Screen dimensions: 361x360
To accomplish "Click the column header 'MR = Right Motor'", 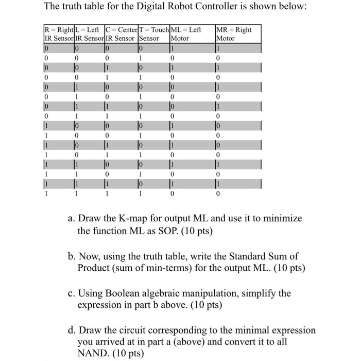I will click(x=234, y=34).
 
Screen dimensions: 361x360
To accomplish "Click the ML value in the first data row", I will click(x=173, y=47).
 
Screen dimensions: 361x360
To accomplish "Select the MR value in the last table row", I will click(x=218, y=194).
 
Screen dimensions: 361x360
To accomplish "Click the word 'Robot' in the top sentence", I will click(x=153, y=7).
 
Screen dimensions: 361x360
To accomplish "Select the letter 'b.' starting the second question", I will click(x=72, y=256).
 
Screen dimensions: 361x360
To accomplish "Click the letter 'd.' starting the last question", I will click(x=72, y=330).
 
